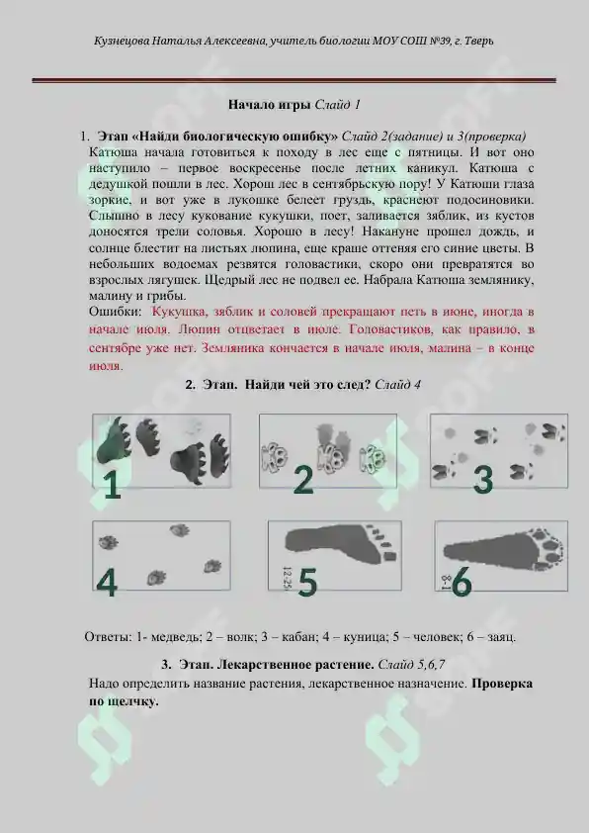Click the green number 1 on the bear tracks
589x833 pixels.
click(x=113, y=484)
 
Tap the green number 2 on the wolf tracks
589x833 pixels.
click(x=303, y=479)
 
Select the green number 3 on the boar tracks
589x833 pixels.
click(x=482, y=479)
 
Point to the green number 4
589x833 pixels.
click(x=107, y=584)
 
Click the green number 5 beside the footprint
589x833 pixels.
click(x=307, y=584)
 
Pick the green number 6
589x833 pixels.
click(x=461, y=584)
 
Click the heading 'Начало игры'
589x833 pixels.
click(x=270, y=104)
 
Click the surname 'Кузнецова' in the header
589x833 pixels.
click(x=123, y=42)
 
